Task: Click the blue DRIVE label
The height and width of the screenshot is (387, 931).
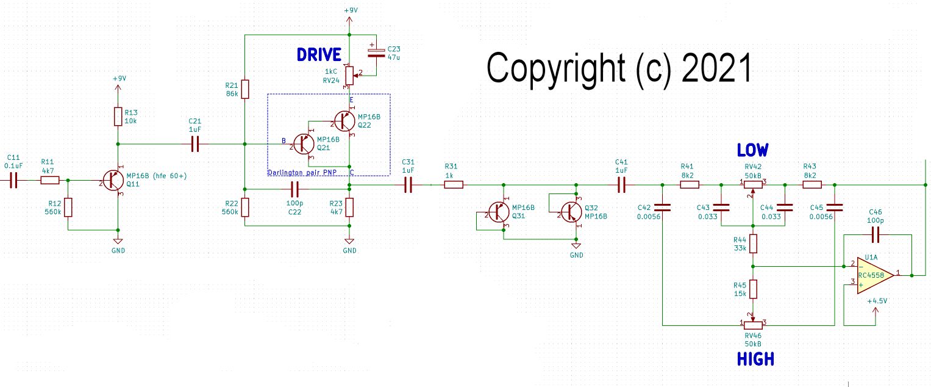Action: point(319,54)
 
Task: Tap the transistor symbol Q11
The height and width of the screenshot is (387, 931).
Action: point(113,181)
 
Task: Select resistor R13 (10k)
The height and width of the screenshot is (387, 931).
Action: point(118,117)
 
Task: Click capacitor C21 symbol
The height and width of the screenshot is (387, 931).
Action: point(195,144)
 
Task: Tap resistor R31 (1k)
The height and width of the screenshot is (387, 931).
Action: point(452,184)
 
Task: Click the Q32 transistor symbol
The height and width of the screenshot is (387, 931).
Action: point(571,211)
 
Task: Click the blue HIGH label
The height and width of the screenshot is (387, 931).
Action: point(755,360)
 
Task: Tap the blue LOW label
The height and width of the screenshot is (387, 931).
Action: point(752,150)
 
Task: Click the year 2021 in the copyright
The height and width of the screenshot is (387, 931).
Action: point(716,67)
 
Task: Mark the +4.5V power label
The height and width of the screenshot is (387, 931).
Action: point(876,301)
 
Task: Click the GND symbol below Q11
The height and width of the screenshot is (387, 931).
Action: point(118,242)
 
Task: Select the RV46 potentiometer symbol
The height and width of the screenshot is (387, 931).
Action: point(754,323)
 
